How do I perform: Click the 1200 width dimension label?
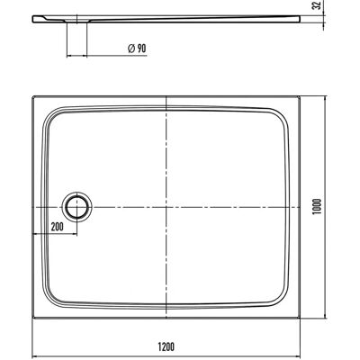(x=166, y=346)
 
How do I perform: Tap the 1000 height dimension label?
(x=317, y=206)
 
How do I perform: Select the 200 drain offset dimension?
(x=57, y=227)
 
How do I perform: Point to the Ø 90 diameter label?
(x=137, y=49)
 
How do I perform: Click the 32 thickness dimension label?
(x=317, y=5)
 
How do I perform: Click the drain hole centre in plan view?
(x=77, y=207)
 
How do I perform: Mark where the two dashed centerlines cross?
(x=166, y=207)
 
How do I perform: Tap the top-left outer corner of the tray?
(x=32, y=96)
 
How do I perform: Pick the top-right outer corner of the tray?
(x=300, y=96)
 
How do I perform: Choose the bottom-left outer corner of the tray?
(x=32, y=318)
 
